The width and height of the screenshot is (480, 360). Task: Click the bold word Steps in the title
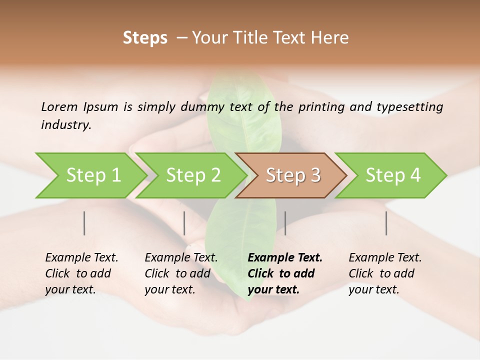[145, 38]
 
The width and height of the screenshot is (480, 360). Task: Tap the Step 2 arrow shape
[192, 175]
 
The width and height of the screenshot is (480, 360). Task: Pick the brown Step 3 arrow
[292, 175]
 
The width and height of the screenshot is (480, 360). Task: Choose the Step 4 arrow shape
[392, 175]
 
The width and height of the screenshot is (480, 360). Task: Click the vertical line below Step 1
[84, 223]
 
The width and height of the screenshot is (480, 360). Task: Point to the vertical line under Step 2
[184, 223]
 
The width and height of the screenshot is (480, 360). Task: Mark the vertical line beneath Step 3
[285, 223]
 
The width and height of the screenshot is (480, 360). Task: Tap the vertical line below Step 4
[386, 223]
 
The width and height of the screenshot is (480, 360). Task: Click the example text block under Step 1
[81, 273]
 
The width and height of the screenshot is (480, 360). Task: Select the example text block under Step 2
[181, 273]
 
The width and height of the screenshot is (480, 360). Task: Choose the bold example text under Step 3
[285, 273]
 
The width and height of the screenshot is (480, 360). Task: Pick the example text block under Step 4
[385, 273]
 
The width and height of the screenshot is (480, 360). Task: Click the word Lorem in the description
[59, 106]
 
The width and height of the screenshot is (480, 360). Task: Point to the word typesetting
[413, 106]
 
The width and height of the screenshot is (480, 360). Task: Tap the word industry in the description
[66, 125]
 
